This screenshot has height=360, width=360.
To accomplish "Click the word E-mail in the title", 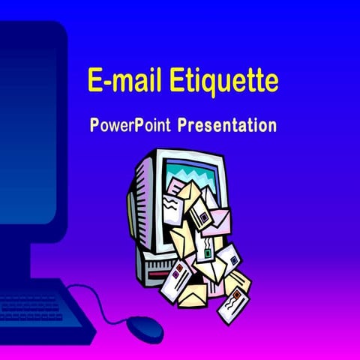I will pyautogui.click(x=121, y=79).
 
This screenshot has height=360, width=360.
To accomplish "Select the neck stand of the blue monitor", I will pyautogui.click(x=19, y=255).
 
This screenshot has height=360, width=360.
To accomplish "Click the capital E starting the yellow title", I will pyautogui.click(x=94, y=79).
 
